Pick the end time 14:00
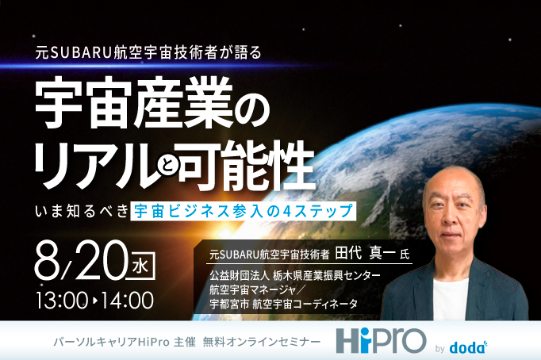coord(124,301)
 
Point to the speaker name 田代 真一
coord(366,255)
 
